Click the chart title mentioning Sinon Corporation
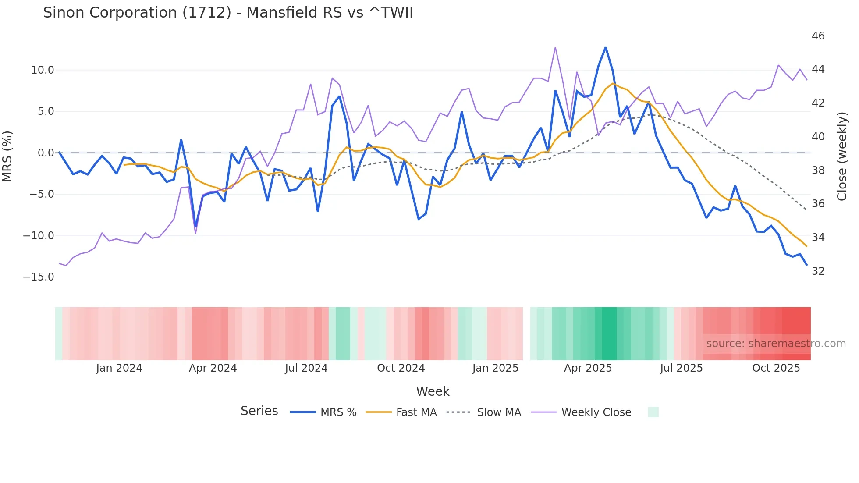[228, 13]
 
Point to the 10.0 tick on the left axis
[43, 70]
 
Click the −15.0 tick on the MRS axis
[39, 277]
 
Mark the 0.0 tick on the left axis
[46, 153]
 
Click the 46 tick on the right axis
[818, 36]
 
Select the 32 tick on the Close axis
[818, 271]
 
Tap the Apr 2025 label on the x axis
[588, 368]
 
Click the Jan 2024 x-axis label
[119, 368]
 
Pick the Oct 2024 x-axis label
[401, 368]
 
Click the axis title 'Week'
[433, 391]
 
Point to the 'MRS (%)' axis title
[7, 156]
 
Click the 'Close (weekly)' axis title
[842, 156]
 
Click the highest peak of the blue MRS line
[606, 47]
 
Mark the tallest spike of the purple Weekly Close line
[555, 47]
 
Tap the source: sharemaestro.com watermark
[776, 344]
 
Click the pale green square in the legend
[653, 412]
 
